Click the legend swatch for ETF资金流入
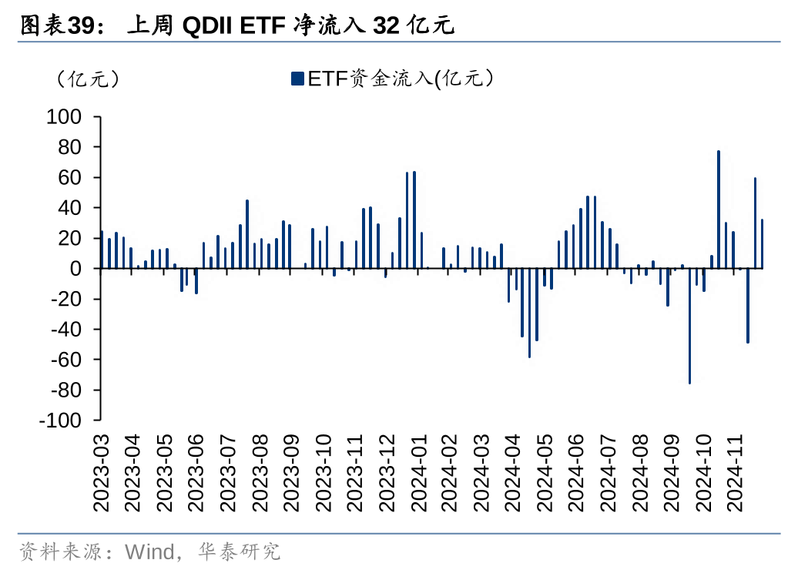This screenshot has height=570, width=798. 297,78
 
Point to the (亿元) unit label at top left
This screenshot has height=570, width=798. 87,79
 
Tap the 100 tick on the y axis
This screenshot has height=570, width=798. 64,117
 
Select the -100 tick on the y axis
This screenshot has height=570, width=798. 61,421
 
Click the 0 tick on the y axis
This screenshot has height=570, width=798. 75,269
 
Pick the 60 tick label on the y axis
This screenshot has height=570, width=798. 69,178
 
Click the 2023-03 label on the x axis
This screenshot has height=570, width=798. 101,472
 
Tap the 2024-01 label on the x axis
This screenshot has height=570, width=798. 420,472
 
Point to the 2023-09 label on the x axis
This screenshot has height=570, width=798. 292,472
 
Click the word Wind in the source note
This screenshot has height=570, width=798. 148,552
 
